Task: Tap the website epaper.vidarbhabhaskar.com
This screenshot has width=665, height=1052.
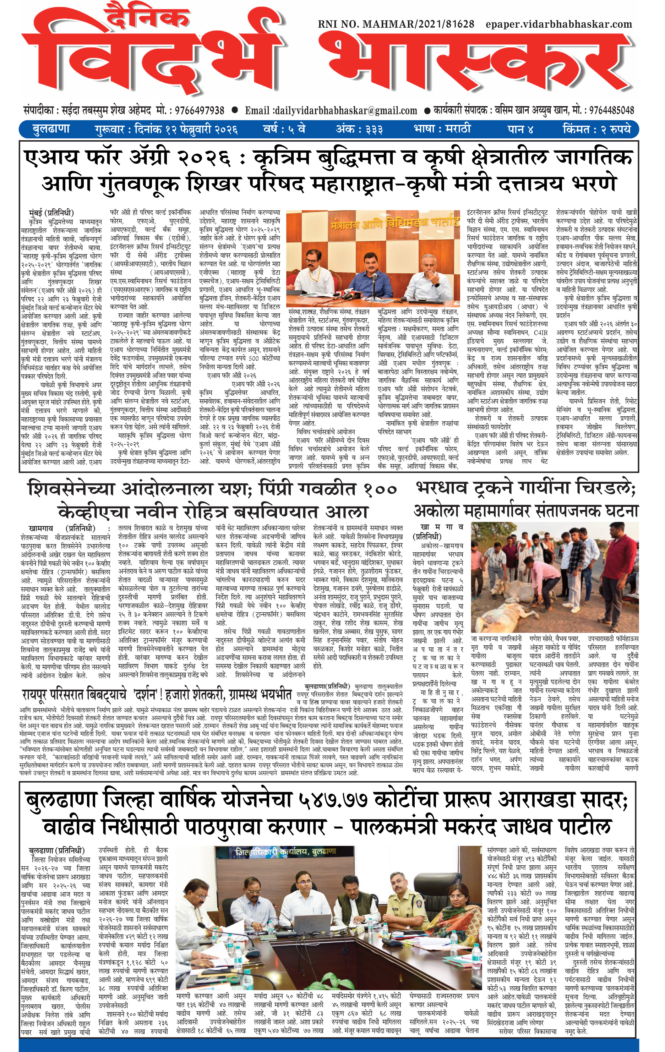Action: [x=558, y=24]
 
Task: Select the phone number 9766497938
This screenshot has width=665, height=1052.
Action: [x=200, y=110]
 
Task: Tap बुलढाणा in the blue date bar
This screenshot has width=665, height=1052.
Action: [x=51, y=129]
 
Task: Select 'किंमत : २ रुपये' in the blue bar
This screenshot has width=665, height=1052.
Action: [x=597, y=129]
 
